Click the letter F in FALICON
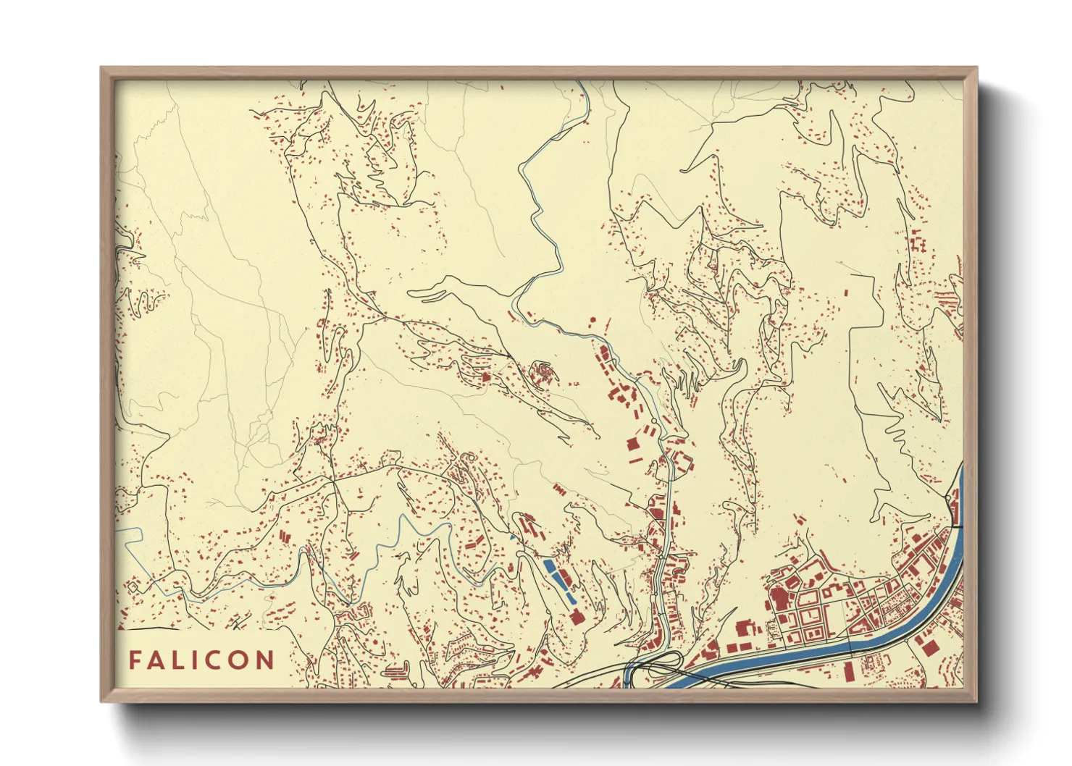click(135, 660)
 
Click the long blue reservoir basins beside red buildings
click(559, 579)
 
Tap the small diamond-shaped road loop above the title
click(133, 586)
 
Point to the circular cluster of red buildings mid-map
click(543, 374)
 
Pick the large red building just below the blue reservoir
click(577, 617)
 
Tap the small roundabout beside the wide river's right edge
click(950, 498)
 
